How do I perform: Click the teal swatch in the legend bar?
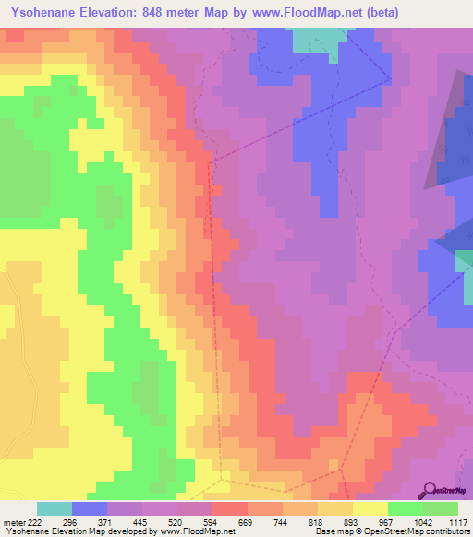click(55, 508)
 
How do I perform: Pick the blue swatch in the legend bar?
click(90, 508)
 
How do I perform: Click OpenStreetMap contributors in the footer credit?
click(424, 532)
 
